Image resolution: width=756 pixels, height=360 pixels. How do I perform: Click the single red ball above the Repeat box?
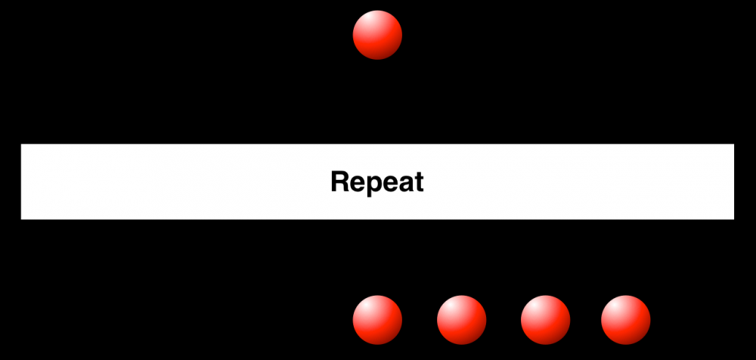[x=377, y=35]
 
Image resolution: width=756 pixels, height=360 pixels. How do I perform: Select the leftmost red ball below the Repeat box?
[x=377, y=320]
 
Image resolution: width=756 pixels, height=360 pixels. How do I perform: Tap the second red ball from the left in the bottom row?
[x=461, y=320]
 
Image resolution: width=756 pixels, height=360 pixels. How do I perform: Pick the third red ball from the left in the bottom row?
[x=545, y=320]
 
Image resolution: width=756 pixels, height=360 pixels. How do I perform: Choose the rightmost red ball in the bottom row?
[x=625, y=320]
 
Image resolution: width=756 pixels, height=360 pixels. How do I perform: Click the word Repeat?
[x=377, y=182]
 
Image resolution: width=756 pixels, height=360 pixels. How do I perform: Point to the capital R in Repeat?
[x=340, y=182]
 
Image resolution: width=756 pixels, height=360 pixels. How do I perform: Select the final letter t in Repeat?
[x=419, y=183]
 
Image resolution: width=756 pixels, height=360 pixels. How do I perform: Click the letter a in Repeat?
[x=405, y=185]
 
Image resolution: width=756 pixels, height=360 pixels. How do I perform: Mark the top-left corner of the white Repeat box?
[x=21, y=144]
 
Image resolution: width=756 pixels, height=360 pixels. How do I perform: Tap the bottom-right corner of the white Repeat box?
[x=734, y=219]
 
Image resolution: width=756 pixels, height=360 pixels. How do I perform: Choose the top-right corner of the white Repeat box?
[x=734, y=144]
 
